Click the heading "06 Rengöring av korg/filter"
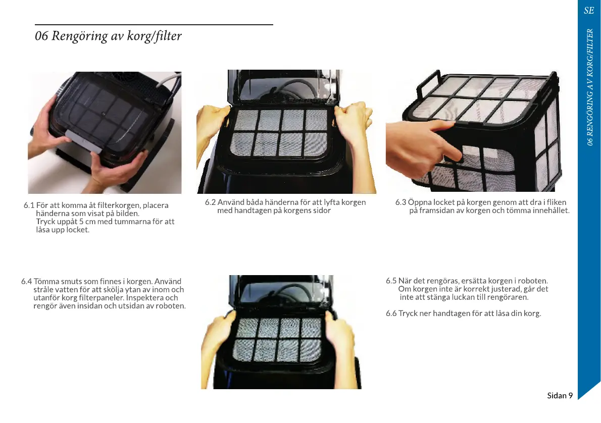[x=108, y=36]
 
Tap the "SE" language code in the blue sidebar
[x=589, y=10]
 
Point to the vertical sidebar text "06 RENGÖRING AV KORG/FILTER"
[x=590, y=87]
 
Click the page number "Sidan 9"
[x=560, y=395]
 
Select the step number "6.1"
[x=29, y=205]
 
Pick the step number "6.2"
[x=210, y=202]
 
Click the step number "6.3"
[x=400, y=202]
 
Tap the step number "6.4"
[x=26, y=282]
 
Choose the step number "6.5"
[x=391, y=281]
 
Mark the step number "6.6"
[x=391, y=313]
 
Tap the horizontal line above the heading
[x=154, y=25]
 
